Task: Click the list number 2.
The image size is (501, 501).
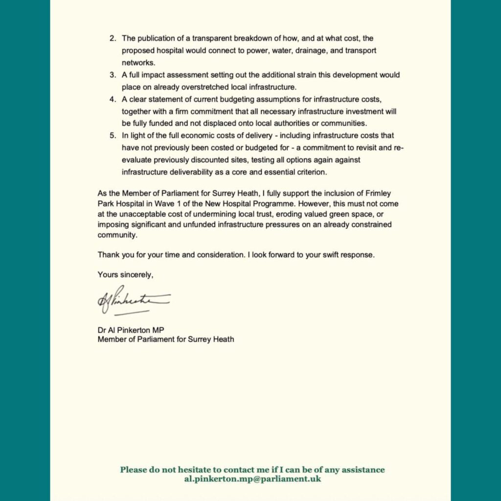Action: [x=112, y=38]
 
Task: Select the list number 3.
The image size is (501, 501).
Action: [x=112, y=75]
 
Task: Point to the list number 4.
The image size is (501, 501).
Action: [x=112, y=99]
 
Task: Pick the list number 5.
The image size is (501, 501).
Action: [x=112, y=136]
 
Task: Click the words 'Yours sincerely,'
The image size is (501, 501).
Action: [x=125, y=275]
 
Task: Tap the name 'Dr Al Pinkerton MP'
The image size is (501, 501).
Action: [x=131, y=330]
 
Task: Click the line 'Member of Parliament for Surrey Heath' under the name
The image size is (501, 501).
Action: [x=165, y=339]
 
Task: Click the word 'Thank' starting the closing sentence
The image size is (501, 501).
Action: [x=108, y=255]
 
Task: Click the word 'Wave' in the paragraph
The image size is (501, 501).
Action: [x=172, y=203]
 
